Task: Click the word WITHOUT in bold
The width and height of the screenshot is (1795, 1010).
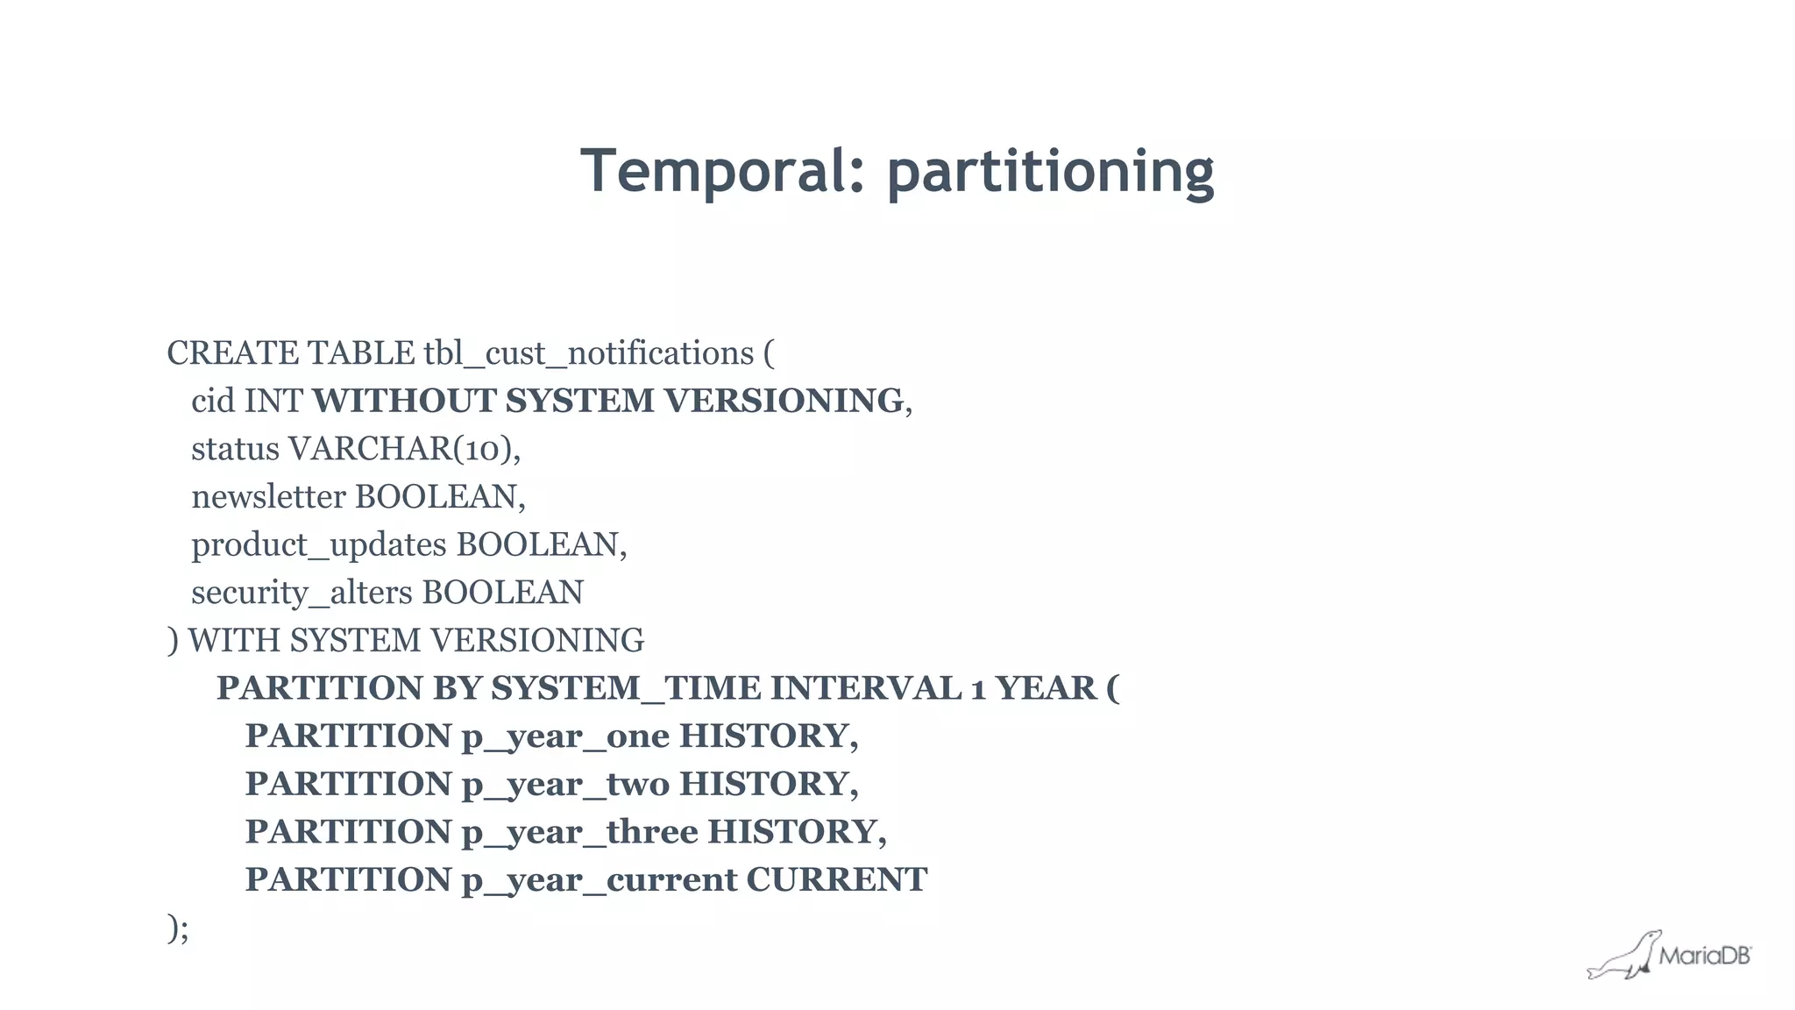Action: coord(404,401)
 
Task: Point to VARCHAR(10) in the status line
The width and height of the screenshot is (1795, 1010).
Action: coord(403,449)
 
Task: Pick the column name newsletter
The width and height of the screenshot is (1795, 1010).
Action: coord(268,497)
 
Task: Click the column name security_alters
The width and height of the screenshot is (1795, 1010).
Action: coord(302,593)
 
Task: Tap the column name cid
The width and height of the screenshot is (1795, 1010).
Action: coord(213,402)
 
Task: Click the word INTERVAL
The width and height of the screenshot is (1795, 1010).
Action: coord(865,688)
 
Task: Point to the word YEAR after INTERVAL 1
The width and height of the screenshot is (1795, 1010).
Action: coord(1046,688)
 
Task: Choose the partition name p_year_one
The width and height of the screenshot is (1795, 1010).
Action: coord(565,736)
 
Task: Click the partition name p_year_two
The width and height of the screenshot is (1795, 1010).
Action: coord(565,784)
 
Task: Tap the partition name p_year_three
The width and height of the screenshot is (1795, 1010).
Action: coord(579,832)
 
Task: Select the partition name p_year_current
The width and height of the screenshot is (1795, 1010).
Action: coord(600,880)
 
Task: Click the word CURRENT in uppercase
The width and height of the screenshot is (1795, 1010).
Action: coord(836,879)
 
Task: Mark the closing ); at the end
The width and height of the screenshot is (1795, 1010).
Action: coord(178,928)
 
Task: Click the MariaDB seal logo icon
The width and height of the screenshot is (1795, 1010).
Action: coord(1624,956)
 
